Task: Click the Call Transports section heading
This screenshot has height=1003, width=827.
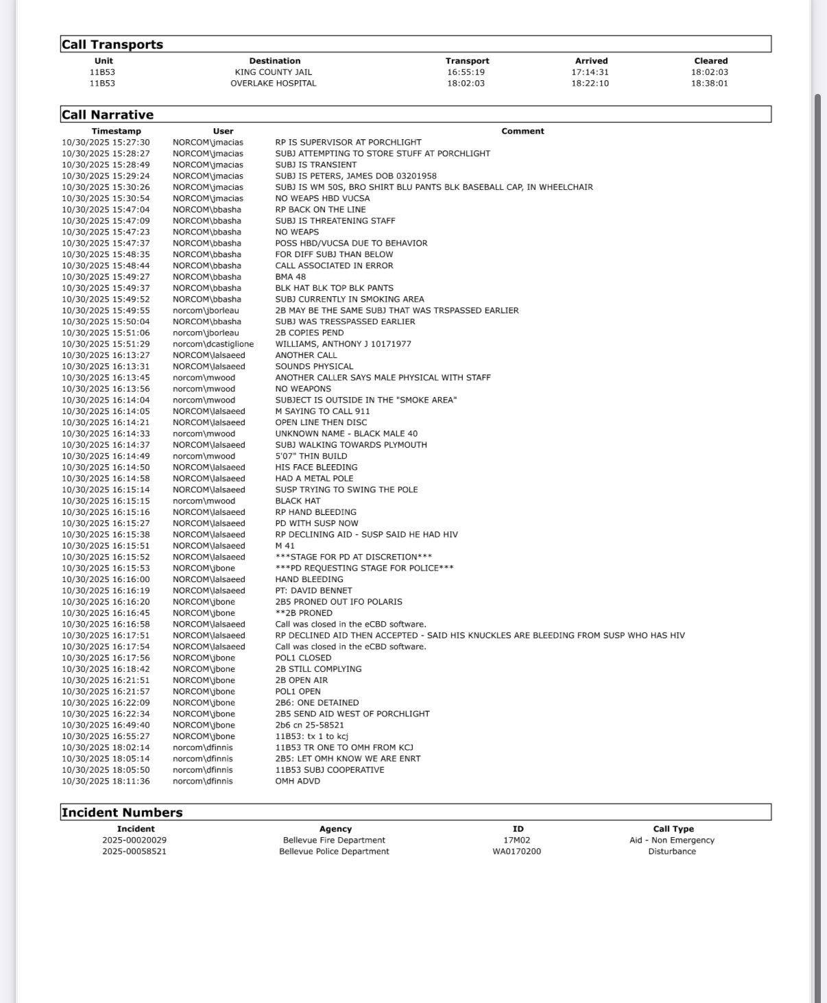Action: [x=112, y=45]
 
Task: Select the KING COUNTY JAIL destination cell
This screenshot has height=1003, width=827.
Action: [x=273, y=72]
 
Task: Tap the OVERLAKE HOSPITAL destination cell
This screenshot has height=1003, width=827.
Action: [x=273, y=83]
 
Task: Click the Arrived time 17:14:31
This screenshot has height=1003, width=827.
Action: [x=590, y=72]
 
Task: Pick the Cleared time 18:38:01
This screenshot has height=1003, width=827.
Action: [x=709, y=83]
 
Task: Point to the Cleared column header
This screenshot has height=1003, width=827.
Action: [x=710, y=61]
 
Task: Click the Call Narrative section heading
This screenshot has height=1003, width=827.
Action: [x=108, y=114]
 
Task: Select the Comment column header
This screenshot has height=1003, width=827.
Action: [x=523, y=131]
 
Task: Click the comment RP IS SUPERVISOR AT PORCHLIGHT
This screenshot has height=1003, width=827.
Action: [x=348, y=143]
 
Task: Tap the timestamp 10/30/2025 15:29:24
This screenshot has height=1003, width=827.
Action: [x=106, y=176]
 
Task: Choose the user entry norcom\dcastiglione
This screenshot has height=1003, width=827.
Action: [x=213, y=344]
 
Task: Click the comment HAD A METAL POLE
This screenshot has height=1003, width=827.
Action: [x=314, y=479]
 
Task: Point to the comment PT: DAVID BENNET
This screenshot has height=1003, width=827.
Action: [x=313, y=590]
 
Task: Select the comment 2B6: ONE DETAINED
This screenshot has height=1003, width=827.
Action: [x=317, y=703]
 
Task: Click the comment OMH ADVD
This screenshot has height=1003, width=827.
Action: [x=298, y=781]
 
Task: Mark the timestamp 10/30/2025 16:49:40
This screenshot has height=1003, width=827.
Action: [x=106, y=725]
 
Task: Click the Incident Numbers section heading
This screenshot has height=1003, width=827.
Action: [x=122, y=812]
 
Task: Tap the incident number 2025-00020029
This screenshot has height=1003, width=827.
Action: [x=134, y=840]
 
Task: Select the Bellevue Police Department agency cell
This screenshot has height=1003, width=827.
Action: [x=334, y=851]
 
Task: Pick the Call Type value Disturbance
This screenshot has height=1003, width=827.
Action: [x=672, y=851]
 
